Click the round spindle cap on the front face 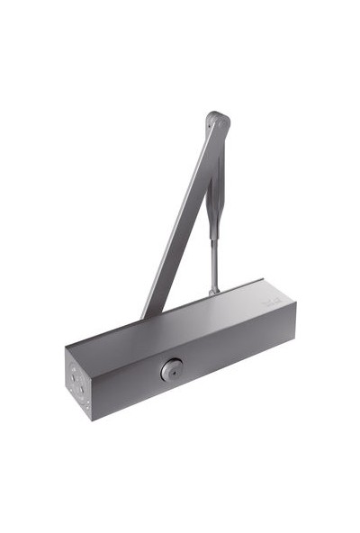(x=171, y=369)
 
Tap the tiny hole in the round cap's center (x=171, y=369)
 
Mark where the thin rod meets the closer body (x=213, y=291)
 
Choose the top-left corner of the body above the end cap (x=66, y=348)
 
